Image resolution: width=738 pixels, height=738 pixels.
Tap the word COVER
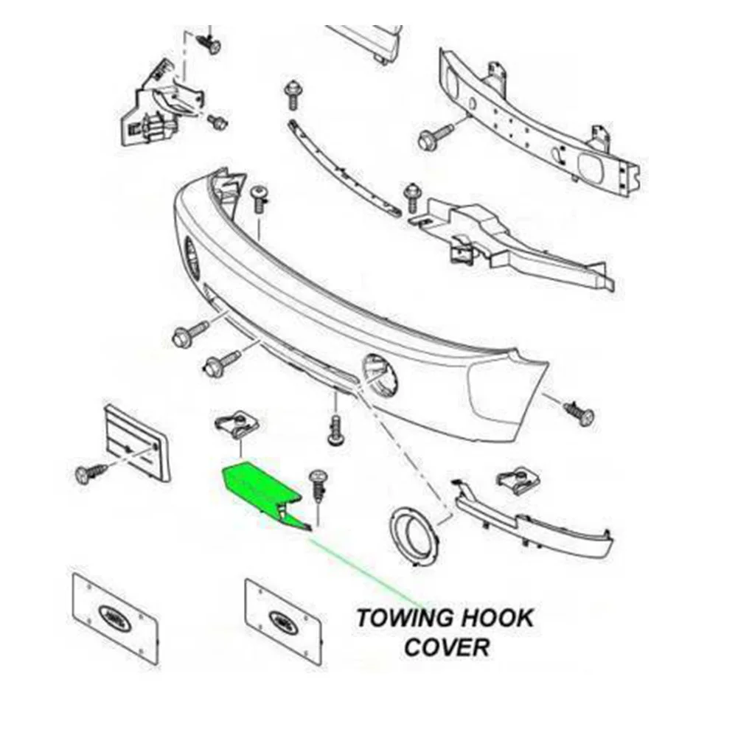click(447, 647)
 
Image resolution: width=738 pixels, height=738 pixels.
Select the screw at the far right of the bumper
click(579, 413)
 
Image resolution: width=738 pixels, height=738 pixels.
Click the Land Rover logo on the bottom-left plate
click(112, 614)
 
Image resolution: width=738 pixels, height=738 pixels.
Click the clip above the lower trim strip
click(518, 481)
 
